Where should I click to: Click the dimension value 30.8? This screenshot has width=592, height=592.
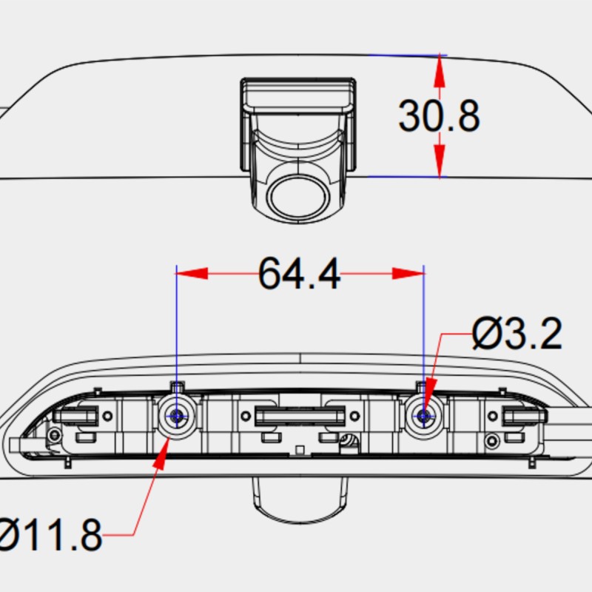coord(439,115)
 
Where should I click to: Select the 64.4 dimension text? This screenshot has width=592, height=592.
coord(300,274)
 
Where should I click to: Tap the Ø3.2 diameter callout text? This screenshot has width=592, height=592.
coord(517,334)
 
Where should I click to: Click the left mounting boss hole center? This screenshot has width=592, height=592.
coord(177,417)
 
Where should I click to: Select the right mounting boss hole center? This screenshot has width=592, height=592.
coord(424,417)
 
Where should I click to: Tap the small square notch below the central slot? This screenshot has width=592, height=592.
coord(299,450)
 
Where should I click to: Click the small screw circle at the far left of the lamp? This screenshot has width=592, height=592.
coord(53,434)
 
